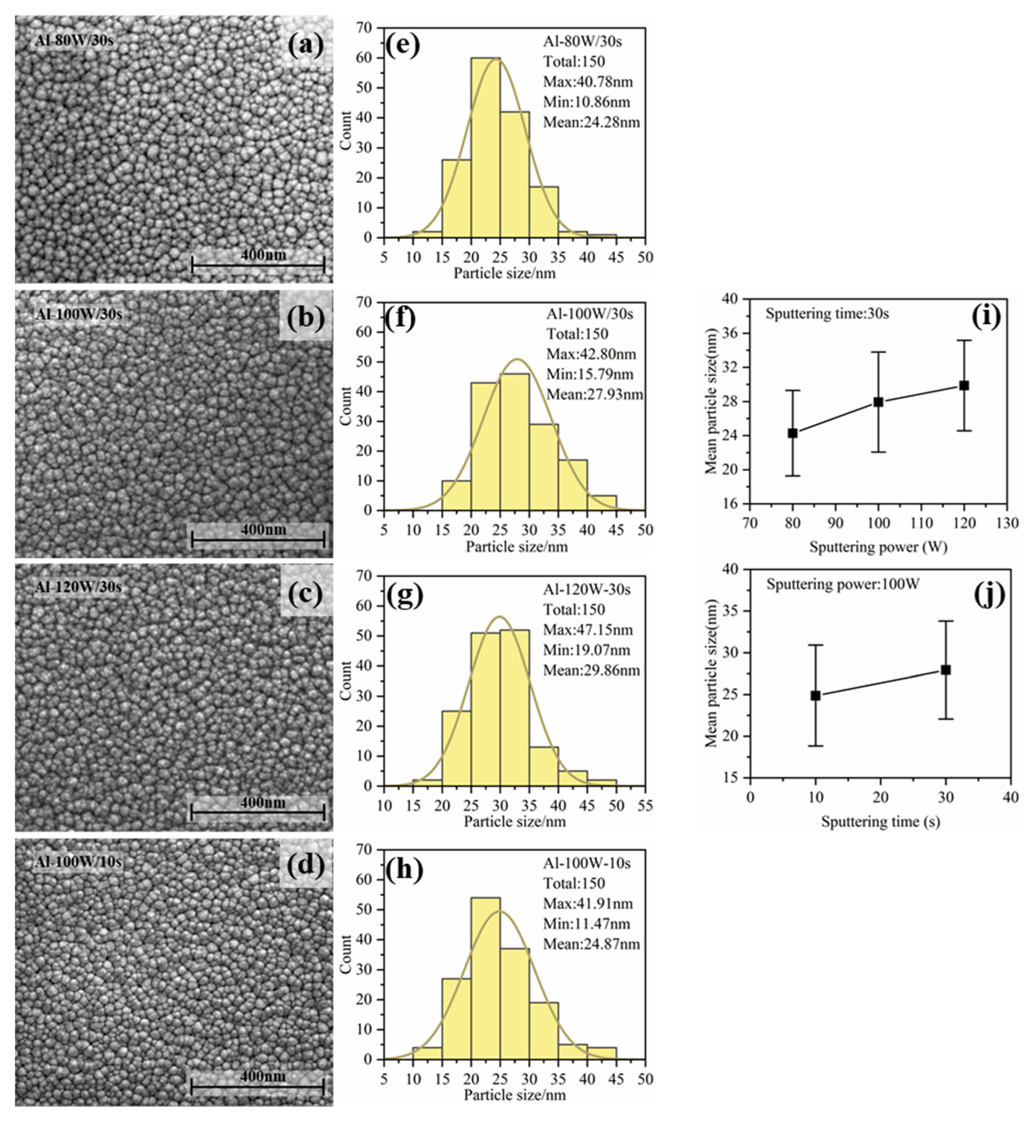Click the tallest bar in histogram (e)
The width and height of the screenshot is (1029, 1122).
click(486, 148)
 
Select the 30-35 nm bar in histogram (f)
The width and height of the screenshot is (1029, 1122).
click(543, 467)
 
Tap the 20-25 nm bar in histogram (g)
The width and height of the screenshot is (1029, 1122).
click(456, 748)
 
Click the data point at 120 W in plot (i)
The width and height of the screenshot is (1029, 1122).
click(964, 385)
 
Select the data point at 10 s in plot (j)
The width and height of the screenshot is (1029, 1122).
click(815, 695)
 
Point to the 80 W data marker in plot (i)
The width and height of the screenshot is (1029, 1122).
click(792, 433)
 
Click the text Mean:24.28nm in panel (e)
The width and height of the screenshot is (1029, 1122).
click(591, 122)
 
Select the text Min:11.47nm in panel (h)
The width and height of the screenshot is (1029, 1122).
click(587, 924)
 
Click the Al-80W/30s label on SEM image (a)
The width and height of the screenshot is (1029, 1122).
click(75, 40)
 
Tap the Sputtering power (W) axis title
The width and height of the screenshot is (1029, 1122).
click(878, 547)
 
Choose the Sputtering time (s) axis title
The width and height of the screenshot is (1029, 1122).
click(880, 821)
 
